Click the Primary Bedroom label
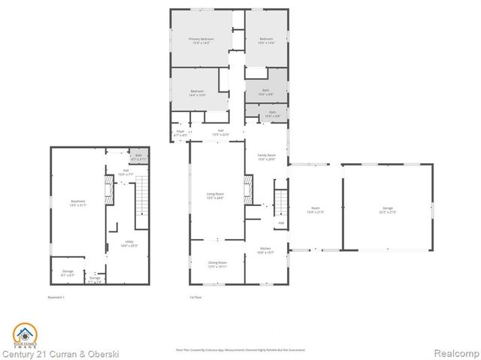(201, 41)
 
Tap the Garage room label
(388, 210)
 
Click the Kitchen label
(266, 250)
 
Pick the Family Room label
(267, 156)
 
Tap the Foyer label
(180, 133)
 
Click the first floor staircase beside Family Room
(280, 202)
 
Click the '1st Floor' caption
(196, 298)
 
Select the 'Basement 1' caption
(58, 298)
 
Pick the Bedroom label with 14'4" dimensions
(198, 93)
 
